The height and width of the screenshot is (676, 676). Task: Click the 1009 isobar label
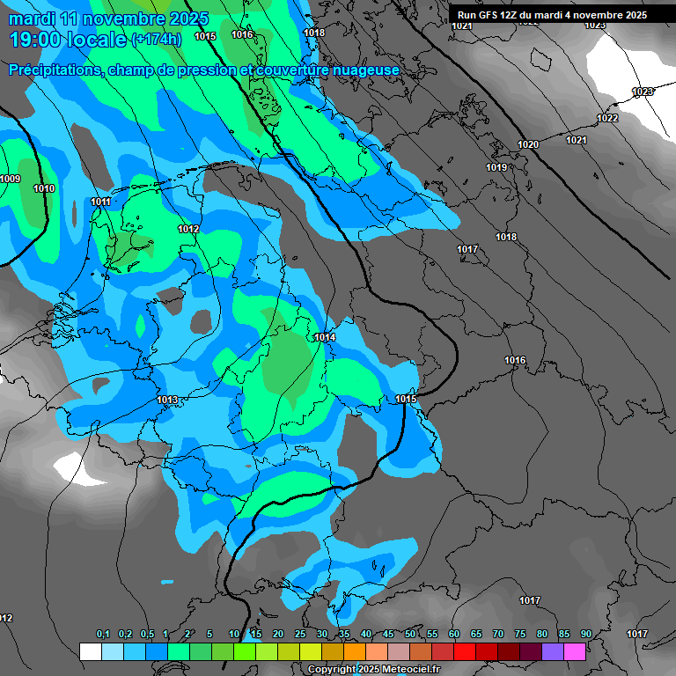[x=11, y=180]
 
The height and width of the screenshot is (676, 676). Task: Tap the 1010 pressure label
[x=44, y=188]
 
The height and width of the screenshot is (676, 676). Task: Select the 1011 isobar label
[x=101, y=202]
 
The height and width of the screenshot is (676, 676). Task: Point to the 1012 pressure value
[x=188, y=230]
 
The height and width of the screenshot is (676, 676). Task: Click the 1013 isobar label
[x=167, y=400]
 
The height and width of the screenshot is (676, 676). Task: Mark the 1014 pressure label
[x=325, y=338]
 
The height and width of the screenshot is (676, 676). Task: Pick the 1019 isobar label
[x=496, y=168]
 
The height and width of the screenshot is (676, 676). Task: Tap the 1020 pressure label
[x=528, y=145]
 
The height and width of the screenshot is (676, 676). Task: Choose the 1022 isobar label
[x=607, y=119]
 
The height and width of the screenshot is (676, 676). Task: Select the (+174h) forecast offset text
[x=156, y=40]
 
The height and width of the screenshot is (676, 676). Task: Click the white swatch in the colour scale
[x=90, y=651]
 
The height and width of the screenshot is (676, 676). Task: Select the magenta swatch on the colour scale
[x=575, y=651]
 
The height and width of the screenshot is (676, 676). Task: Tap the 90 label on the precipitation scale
[x=585, y=635]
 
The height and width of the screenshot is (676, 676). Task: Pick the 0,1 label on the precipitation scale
[x=103, y=635]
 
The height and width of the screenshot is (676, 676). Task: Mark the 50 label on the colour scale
[x=410, y=635]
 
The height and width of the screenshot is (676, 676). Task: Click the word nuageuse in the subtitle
[x=364, y=70]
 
